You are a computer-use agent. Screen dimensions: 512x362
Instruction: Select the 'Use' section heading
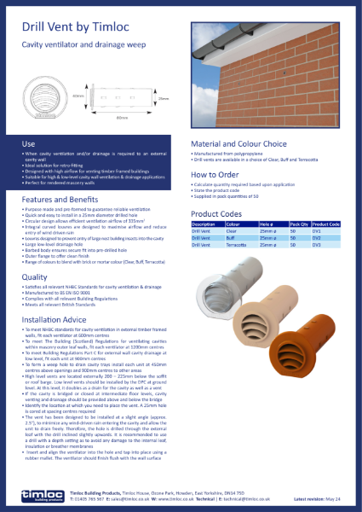(x=28, y=144)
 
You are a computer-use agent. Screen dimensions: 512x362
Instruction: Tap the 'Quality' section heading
(x=35, y=276)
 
